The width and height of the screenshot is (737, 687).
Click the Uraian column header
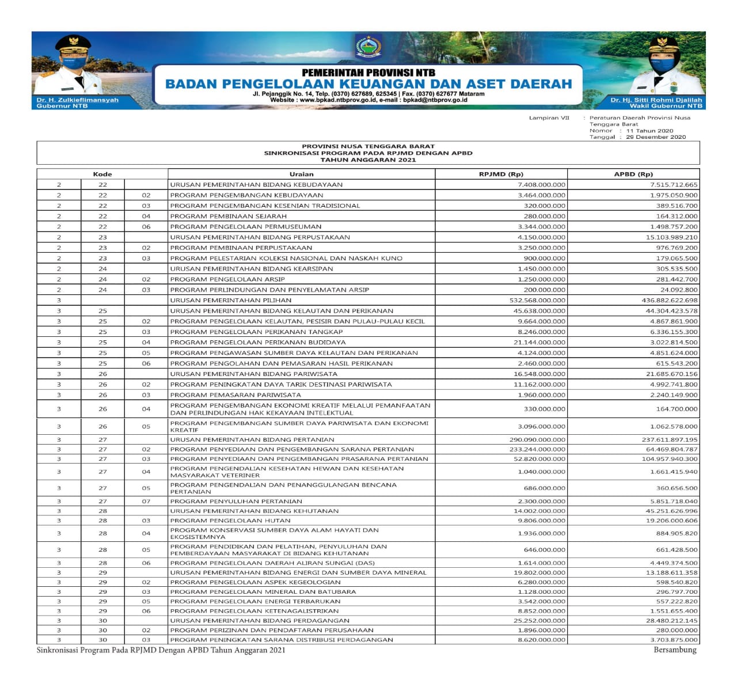[x=301, y=174]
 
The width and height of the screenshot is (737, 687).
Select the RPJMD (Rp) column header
[x=501, y=174]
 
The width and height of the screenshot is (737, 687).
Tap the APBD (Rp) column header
[x=633, y=174]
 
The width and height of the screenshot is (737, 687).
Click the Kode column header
[x=102, y=174]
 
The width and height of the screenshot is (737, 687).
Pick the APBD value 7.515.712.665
[x=673, y=185]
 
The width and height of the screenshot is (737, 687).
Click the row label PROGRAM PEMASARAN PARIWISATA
[x=235, y=395]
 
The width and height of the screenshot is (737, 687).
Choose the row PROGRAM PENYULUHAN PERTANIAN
[x=236, y=502]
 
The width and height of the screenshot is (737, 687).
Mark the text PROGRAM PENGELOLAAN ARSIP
[x=227, y=279]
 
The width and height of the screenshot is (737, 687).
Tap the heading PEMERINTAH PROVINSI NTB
[x=368, y=73]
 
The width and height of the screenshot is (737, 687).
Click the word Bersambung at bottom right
[x=675, y=650]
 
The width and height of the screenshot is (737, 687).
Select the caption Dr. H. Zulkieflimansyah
[x=77, y=100]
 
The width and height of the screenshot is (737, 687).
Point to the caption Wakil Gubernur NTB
[x=666, y=106]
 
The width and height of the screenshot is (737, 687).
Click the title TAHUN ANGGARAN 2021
[x=368, y=160]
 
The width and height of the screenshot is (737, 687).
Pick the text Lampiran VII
[x=549, y=118]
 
